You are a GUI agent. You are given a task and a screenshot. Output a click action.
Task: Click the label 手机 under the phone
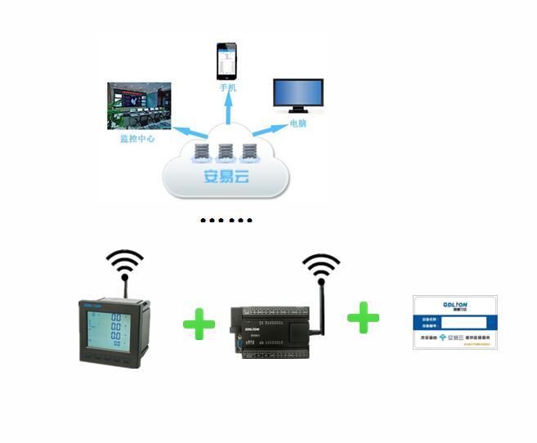click(x=227, y=87)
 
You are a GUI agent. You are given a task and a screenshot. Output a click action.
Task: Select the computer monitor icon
click(x=298, y=96)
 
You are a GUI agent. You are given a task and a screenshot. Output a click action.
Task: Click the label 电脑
click(x=298, y=124)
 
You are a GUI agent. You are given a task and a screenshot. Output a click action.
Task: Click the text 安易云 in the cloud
click(x=226, y=177)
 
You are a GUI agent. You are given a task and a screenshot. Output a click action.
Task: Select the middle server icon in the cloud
click(x=226, y=152)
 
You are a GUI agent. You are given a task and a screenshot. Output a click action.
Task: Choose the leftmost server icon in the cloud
click(x=200, y=152)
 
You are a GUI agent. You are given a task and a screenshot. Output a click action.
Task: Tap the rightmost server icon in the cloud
click(x=250, y=152)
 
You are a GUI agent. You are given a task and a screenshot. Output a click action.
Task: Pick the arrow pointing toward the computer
click(x=265, y=128)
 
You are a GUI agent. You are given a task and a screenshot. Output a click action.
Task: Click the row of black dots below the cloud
click(x=226, y=221)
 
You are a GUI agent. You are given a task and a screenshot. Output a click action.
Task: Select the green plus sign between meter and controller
click(x=199, y=324)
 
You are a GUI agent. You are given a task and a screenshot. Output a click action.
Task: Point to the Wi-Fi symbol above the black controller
click(x=320, y=266)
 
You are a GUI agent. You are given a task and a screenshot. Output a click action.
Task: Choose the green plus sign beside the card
click(x=363, y=317)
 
